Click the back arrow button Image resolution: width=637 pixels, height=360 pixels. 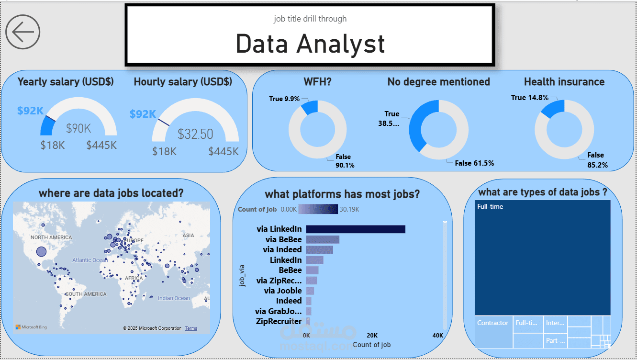click(x=22, y=32)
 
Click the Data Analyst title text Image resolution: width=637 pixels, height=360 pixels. click(x=310, y=44)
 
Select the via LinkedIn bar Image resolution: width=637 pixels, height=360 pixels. click(x=355, y=229)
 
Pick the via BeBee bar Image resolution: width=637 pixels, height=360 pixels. click(x=323, y=239)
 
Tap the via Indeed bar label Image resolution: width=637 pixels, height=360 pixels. click(x=282, y=249)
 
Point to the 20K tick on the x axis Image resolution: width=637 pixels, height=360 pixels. click(x=372, y=336)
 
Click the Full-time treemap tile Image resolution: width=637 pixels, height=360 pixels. click(x=543, y=258)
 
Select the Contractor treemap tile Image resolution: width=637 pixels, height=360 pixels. click(x=493, y=331)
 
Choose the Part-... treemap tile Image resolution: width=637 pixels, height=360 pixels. click(x=555, y=341)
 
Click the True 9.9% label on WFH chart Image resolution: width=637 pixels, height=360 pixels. click(x=284, y=99)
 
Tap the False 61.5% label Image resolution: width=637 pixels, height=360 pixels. click(x=474, y=163)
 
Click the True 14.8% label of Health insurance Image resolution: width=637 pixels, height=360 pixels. click(x=529, y=97)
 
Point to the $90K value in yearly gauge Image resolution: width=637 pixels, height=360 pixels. click(x=78, y=128)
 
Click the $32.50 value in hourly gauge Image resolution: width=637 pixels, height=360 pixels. click(x=195, y=134)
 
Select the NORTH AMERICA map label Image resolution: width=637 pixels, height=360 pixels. click(x=51, y=237)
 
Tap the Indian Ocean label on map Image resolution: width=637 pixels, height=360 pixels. click(x=174, y=298)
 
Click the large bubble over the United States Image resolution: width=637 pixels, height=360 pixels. click(x=42, y=251)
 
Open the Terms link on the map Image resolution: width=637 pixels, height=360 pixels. click(x=191, y=328)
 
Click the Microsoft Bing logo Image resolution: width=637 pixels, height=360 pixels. click(x=31, y=327)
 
